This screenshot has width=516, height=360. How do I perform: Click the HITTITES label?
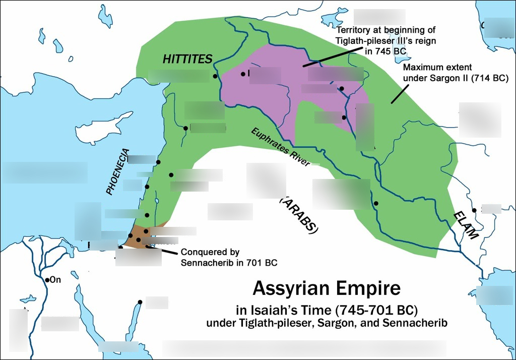(187, 59)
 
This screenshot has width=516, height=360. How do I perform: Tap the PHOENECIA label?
(118, 172)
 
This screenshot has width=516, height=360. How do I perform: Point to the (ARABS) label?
(299, 215)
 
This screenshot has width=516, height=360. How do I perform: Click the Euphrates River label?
(280, 146)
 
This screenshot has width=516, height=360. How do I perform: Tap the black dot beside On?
(47, 280)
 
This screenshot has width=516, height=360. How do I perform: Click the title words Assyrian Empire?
(326, 288)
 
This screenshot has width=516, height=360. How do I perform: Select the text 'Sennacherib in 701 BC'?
(229, 263)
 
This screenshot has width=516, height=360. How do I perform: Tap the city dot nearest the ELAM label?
(474, 210)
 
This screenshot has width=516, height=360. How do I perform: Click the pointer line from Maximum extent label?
(399, 94)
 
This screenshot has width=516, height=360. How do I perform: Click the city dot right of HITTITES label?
(215, 77)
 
